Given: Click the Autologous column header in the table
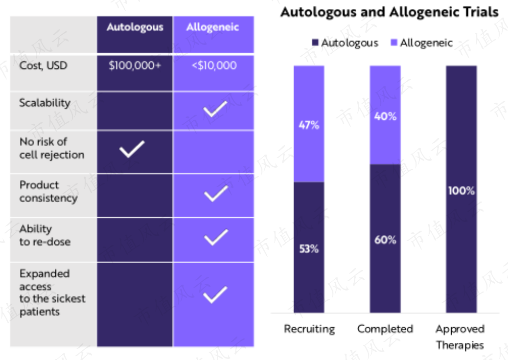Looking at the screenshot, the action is point(135,27).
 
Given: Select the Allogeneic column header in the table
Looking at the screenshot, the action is point(212,27).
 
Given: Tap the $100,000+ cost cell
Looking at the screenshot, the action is point(135,66).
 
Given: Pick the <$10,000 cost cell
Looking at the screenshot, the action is point(214,66).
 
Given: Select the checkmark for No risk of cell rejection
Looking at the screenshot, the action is point(132,149).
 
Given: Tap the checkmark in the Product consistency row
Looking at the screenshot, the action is point(216,193).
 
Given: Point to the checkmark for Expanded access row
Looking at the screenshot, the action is point(215,294).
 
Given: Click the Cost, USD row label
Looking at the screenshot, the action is point(44,66).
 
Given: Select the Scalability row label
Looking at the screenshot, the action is point(45,103).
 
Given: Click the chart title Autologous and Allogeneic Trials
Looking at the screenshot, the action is point(390,12).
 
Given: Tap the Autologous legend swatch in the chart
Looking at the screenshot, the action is point(315,43).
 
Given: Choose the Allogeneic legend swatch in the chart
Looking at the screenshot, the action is point(394,43).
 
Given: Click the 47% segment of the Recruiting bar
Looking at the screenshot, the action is point(309,124).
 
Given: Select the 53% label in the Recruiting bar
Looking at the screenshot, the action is point(309,248).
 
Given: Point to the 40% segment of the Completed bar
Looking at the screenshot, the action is point(385,115).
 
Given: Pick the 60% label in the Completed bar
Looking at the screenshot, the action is point(385,240).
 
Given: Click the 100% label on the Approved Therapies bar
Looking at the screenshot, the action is point(462,190).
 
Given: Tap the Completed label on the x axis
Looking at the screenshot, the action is point(385,329).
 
